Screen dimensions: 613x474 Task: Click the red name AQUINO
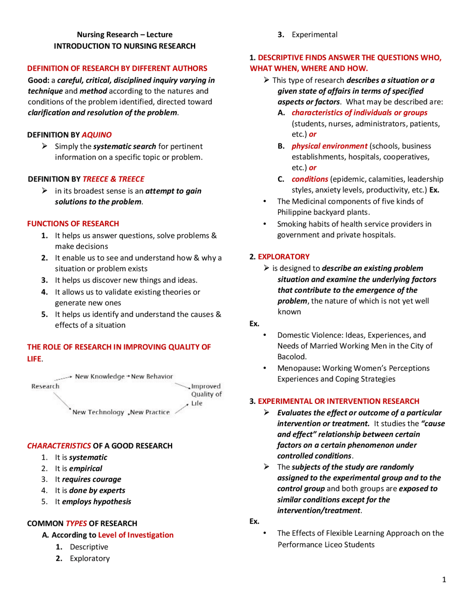(x=96, y=135)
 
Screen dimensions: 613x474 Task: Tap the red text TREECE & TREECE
(x=113, y=179)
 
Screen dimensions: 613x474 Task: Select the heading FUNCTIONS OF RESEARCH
(x=73, y=224)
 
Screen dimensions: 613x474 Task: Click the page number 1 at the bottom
(x=444, y=580)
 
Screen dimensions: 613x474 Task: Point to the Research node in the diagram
(x=45, y=386)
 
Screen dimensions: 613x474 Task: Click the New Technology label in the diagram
(x=98, y=412)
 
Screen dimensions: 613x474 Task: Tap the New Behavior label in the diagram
(x=152, y=376)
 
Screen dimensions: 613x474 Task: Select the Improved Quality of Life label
(x=206, y=394)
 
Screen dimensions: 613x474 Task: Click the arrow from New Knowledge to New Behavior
(x=128, y=376)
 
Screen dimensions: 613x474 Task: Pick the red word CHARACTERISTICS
(x=59, y=446)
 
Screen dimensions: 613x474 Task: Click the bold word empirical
(x=86, y=468)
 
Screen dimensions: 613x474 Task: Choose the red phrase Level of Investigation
(x=136, y=535)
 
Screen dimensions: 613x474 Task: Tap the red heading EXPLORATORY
(x=283, y=257)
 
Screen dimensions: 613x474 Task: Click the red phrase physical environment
(x=329, y=146)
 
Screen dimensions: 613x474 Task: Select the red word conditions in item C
(x=310, y=179)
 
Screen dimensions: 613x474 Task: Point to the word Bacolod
(x=292, y=356)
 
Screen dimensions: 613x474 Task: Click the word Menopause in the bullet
(x=298, y=368)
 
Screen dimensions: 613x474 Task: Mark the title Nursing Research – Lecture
(x=124, y=34)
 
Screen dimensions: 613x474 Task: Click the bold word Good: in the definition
(x=39, y=80)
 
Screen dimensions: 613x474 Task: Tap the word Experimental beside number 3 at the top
(x=314, y=34)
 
